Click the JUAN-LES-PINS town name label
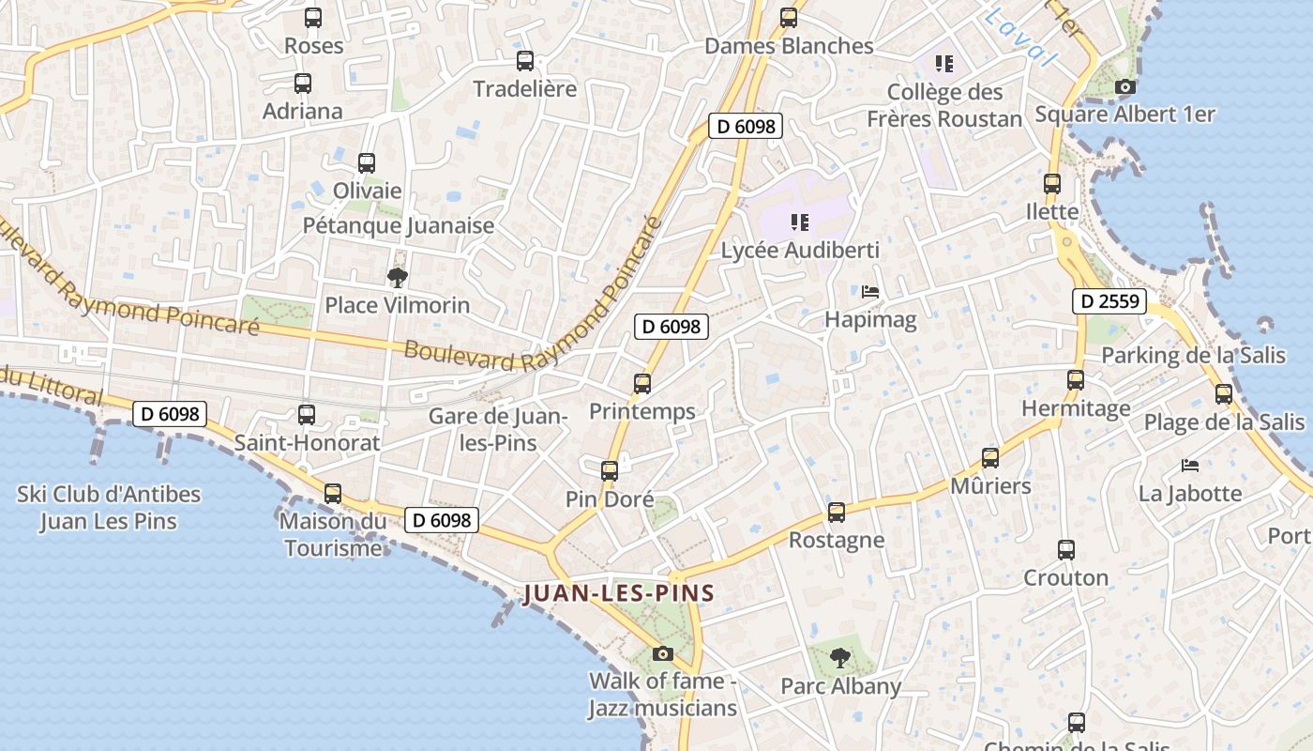coord(619,593)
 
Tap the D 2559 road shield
coord(1109,301)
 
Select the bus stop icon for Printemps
coord(642,383)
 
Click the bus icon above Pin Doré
coord(610,471)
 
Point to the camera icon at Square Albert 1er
coord(1124,87)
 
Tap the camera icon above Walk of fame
coord(663,653)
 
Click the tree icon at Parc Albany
coord(840,657)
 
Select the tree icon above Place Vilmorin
coord(398,277)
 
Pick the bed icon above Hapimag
coord(870,292)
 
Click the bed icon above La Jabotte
coord(1190,466)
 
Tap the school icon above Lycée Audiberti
coord(800,222)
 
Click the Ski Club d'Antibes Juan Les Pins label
coord(109,507)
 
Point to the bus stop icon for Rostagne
coord(837,513)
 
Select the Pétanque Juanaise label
coord(399,226)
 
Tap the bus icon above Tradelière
coord(525,61)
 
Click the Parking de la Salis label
coord(1193,356)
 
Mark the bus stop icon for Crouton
coord(1066,550)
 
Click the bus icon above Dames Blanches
coord(789,18)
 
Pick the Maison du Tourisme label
coord(333,534)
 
